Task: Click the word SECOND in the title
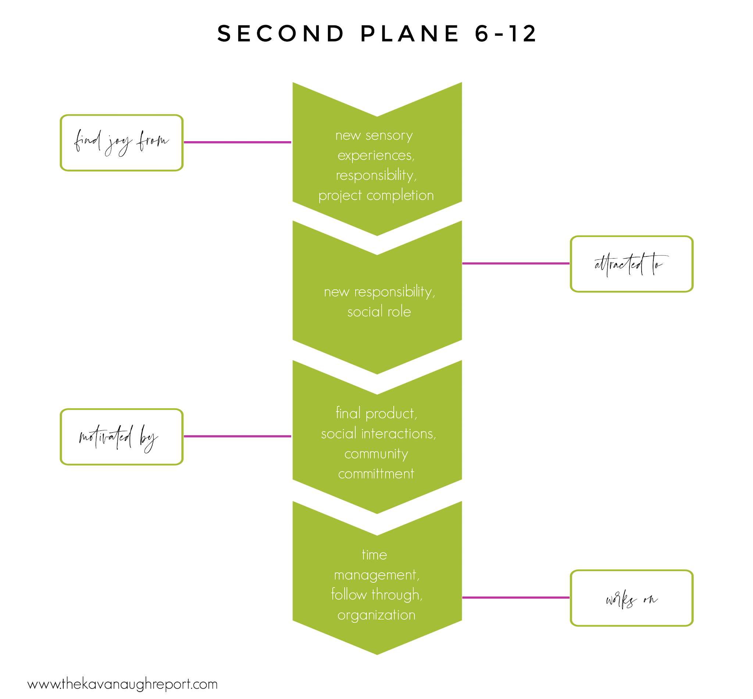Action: coord(281,34)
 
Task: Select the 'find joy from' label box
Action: coord(121,143)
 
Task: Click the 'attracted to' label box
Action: coord(631,264)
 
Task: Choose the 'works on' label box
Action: coord(631,598)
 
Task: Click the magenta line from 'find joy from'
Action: coord(237,142)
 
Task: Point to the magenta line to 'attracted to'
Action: coord(515,263)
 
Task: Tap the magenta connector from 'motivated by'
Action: coord(237,436)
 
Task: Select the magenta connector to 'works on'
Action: coord(515,597)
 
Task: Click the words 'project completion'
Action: coord(376,196)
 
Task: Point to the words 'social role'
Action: coord(379,312)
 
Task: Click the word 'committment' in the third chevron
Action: coord(376,473)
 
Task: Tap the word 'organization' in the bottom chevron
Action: coord(376,615)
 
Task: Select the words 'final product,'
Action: coord(376,414)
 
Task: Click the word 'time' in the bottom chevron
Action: coord(374,555)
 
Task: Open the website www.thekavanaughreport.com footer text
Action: coord(122,684)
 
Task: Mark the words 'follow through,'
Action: coord(376,595)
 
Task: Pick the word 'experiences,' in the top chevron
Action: coord(376,156)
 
